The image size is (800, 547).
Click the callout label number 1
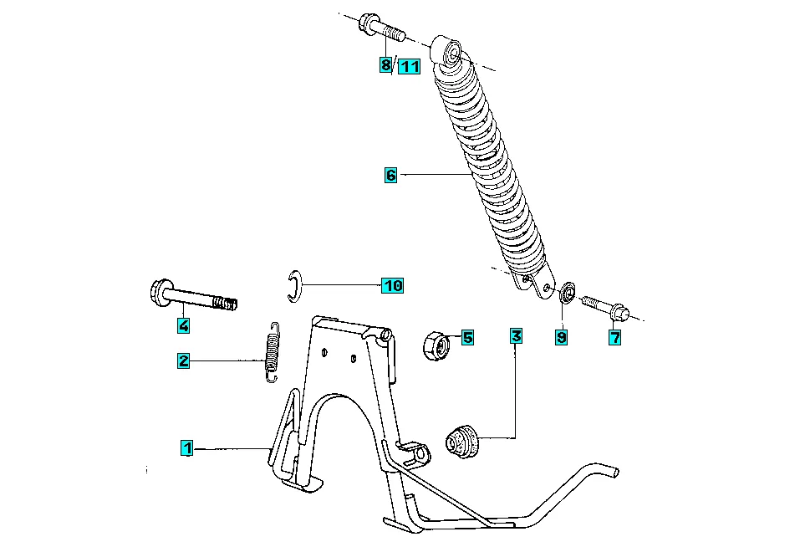tap(187, 448)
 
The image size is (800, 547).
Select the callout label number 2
tap(183, 360)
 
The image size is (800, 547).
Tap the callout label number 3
tap(517, 335)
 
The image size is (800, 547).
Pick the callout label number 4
tap(184, 325)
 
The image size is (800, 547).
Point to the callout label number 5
tap(467, 337)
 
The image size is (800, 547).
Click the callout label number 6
tap(390, 175)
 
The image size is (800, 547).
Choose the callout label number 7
tap(615, 337)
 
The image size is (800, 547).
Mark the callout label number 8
tap(385, 64)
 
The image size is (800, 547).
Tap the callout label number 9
tap(561, 337)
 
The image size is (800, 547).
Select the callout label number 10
tap(392, 285)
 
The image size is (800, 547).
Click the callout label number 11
tap(409, 66)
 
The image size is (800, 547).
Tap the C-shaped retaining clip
tap(294, 286)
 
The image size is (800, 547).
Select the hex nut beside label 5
tap(436, 346)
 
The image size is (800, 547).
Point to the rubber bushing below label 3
tap(462, 441)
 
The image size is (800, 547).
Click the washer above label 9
tap(568, 293)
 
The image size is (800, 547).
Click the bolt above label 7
tap(606, 307)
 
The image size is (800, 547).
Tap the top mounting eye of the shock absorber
tap(447, 50)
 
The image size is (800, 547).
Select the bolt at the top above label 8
tap(382, 28)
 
